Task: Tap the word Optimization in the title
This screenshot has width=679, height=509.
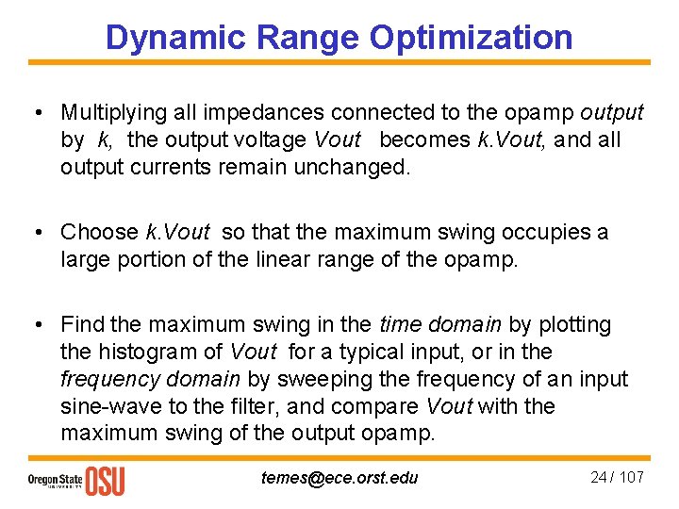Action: (x=471, y=37)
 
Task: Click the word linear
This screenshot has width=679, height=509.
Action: (x=282, y=259)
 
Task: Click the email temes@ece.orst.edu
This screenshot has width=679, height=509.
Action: (x=339, y=478)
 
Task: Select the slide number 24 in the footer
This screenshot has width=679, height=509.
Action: (x=598, y=477)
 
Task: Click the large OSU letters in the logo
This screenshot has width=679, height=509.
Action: (x=105, y=480)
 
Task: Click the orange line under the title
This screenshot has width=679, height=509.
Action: (x=339, y=63)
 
